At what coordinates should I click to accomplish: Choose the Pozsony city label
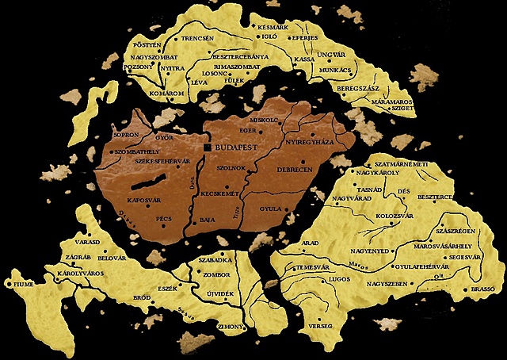pos(140,68)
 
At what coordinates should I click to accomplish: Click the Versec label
pos(319,326)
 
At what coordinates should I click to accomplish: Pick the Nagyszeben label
pos(385,283)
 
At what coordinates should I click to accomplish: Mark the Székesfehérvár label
pos(163,162)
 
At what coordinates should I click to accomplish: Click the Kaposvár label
pos(144,200)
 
